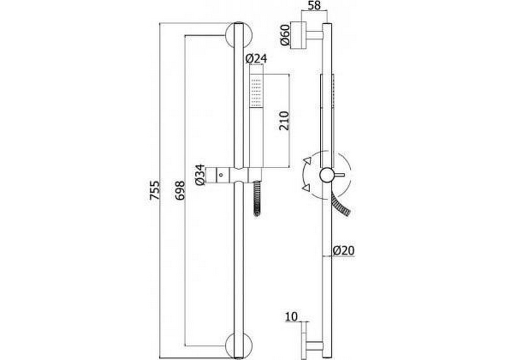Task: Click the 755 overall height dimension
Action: [x=155, y=190]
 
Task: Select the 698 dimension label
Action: [x=180, y=190]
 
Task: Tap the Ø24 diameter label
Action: [x=256, y=58]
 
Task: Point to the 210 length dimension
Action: [x=284, y=121]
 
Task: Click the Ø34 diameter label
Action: [x=200, y=175]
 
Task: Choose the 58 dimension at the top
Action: [x=314, y=5]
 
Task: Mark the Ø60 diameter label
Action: [x=285, y=35]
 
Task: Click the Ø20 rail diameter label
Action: [x=344, y=250]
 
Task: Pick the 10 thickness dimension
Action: [x=291, y=316]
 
